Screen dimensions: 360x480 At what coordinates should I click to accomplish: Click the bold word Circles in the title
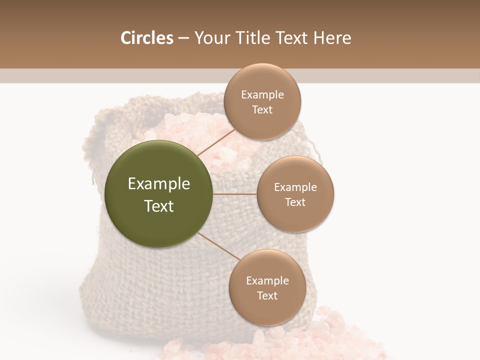tap(146, 38)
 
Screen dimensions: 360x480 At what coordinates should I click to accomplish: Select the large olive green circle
tap(159, 194)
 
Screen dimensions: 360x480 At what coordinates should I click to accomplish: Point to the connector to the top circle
tap(216, 141)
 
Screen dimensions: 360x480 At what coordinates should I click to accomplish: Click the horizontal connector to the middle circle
tap(234, 194)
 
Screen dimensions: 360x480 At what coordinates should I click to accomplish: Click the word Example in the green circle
tap(159, 184)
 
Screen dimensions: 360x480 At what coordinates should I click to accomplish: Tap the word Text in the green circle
tap(159, 206)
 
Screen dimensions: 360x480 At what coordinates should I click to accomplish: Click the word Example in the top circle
tap(262, 95)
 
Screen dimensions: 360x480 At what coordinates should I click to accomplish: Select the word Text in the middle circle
tap(295, 202)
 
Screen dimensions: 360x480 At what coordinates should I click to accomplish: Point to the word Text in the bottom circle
tap(267, 295)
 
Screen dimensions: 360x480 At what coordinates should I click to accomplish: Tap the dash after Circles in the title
tap(183, 38)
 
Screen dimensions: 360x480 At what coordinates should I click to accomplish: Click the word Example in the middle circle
tap(295, 187)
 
